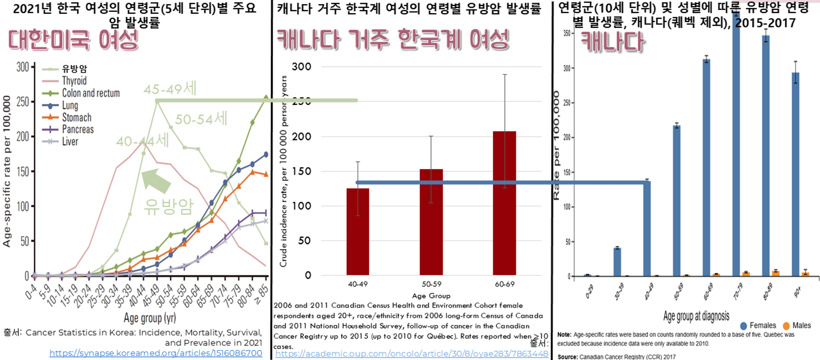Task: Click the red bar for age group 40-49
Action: click(358, 232)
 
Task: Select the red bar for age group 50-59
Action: click(431, 222)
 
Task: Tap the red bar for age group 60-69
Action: click(504, 203)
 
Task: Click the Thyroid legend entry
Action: click(74, 81)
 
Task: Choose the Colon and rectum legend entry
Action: click(91, 93)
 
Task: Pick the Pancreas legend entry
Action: click(77, 129)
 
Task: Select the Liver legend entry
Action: click(70, 142)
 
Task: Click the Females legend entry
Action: click(763, 326)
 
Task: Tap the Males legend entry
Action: click(801, 326)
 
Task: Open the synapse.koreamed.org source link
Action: click(156, 353)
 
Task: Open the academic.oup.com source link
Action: click(411, 354)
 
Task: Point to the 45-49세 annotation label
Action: click(170, 89)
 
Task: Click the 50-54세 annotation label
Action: click(201, 119)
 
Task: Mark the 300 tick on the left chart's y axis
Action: click(23, 67)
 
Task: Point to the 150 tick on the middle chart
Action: click(302, 171)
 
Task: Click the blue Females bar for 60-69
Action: click(707, 167)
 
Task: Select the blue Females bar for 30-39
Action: click(617, 262)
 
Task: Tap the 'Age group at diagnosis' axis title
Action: click(696, 316)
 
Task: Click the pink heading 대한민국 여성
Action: click(74, 40)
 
